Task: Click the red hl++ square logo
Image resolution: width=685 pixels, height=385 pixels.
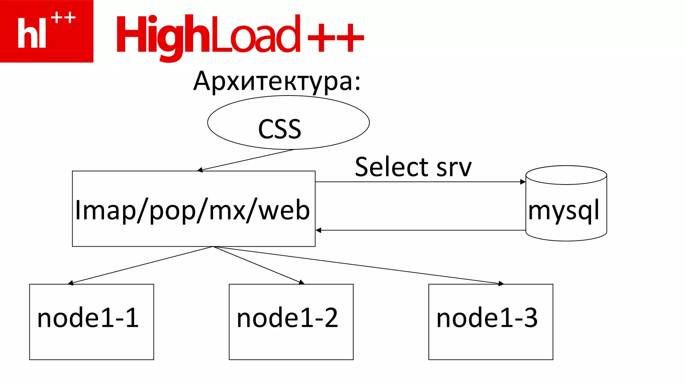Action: (46, 31)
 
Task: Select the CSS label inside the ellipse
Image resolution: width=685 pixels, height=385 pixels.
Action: (280, 129)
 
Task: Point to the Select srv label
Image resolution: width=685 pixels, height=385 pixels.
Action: (413, 167)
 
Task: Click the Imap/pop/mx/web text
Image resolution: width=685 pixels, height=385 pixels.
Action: (193, 210)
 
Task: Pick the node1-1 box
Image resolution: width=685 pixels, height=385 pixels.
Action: (91, 322)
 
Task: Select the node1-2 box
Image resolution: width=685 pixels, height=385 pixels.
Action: (291, 322)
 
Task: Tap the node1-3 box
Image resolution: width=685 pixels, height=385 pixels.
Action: (491, 322)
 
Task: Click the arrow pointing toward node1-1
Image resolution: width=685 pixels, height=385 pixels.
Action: (140, 265)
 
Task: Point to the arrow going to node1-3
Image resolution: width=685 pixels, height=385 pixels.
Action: (358, 265)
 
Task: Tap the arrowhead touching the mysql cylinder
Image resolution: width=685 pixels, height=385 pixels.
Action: (523, 182)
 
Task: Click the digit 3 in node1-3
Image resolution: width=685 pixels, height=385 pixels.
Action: (530, 318)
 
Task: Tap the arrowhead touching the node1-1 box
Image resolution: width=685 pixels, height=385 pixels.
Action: (71, 283)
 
